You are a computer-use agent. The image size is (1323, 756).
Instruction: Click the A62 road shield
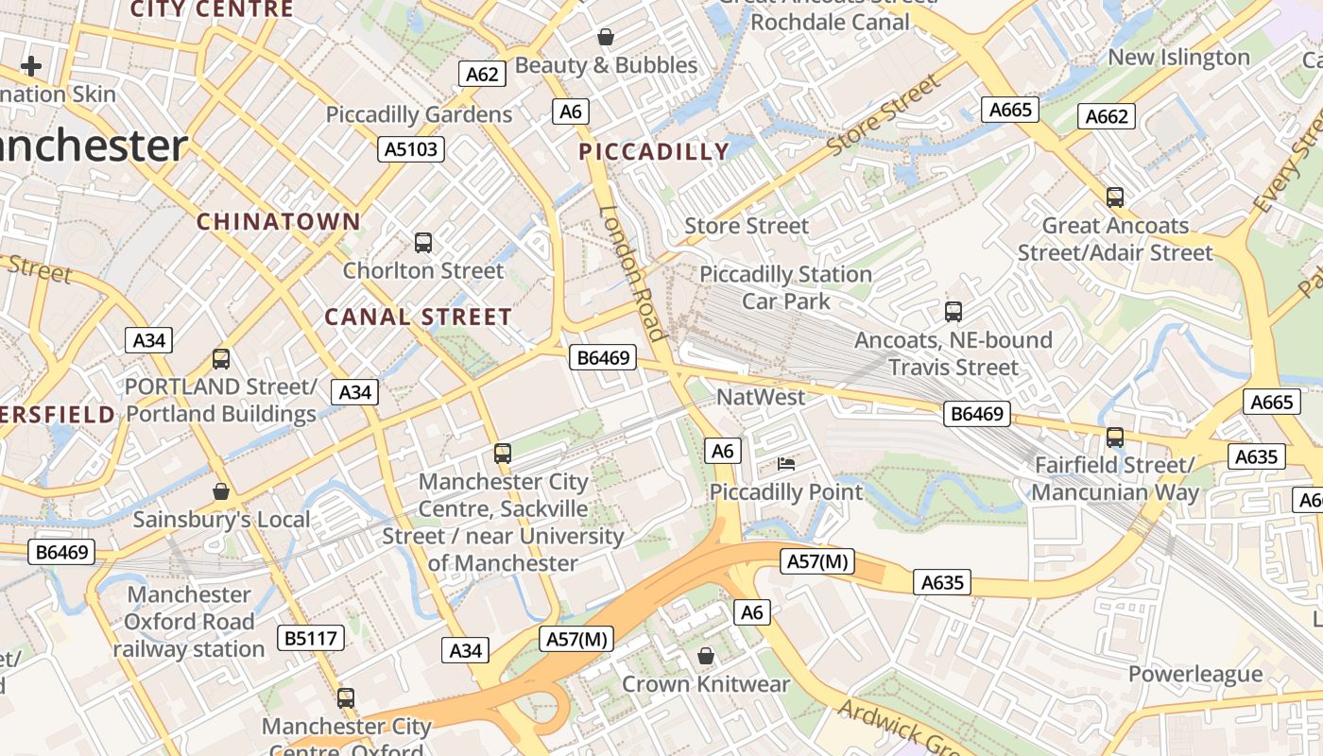(482, 74)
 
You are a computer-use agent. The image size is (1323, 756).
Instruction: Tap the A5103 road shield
(412, 148)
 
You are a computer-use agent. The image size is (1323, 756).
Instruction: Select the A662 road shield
(1107, 116)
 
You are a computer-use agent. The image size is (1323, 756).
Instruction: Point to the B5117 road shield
(311, 638)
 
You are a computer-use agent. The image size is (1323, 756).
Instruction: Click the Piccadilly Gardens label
(419, 114)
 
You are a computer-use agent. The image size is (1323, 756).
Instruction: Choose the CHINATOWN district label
(278, 222)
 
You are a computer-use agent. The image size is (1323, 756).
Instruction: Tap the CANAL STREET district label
(419, 317)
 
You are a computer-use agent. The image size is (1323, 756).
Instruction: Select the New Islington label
(1178, 57)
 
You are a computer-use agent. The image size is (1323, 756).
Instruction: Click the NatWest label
(761, 397)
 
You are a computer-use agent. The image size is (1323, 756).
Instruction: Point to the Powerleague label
(1195, 674)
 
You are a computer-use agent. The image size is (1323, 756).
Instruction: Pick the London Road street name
(633, 273)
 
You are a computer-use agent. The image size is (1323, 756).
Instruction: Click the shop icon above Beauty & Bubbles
(606, 37)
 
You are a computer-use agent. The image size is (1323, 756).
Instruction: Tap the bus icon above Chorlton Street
(423, 243)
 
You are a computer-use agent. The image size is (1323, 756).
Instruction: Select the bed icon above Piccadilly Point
(786, 464)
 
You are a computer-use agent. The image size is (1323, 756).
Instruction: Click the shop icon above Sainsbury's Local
(221, 491)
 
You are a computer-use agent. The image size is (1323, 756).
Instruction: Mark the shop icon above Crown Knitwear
(706, 656)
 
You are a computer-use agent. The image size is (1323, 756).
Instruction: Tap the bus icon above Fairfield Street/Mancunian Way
(1115, 438)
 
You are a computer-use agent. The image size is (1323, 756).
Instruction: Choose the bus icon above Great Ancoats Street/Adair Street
(1115, 198)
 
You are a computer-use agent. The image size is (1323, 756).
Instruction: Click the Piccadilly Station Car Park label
(785, 287)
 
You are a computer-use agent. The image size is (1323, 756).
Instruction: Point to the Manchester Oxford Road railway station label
(189, 622)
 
